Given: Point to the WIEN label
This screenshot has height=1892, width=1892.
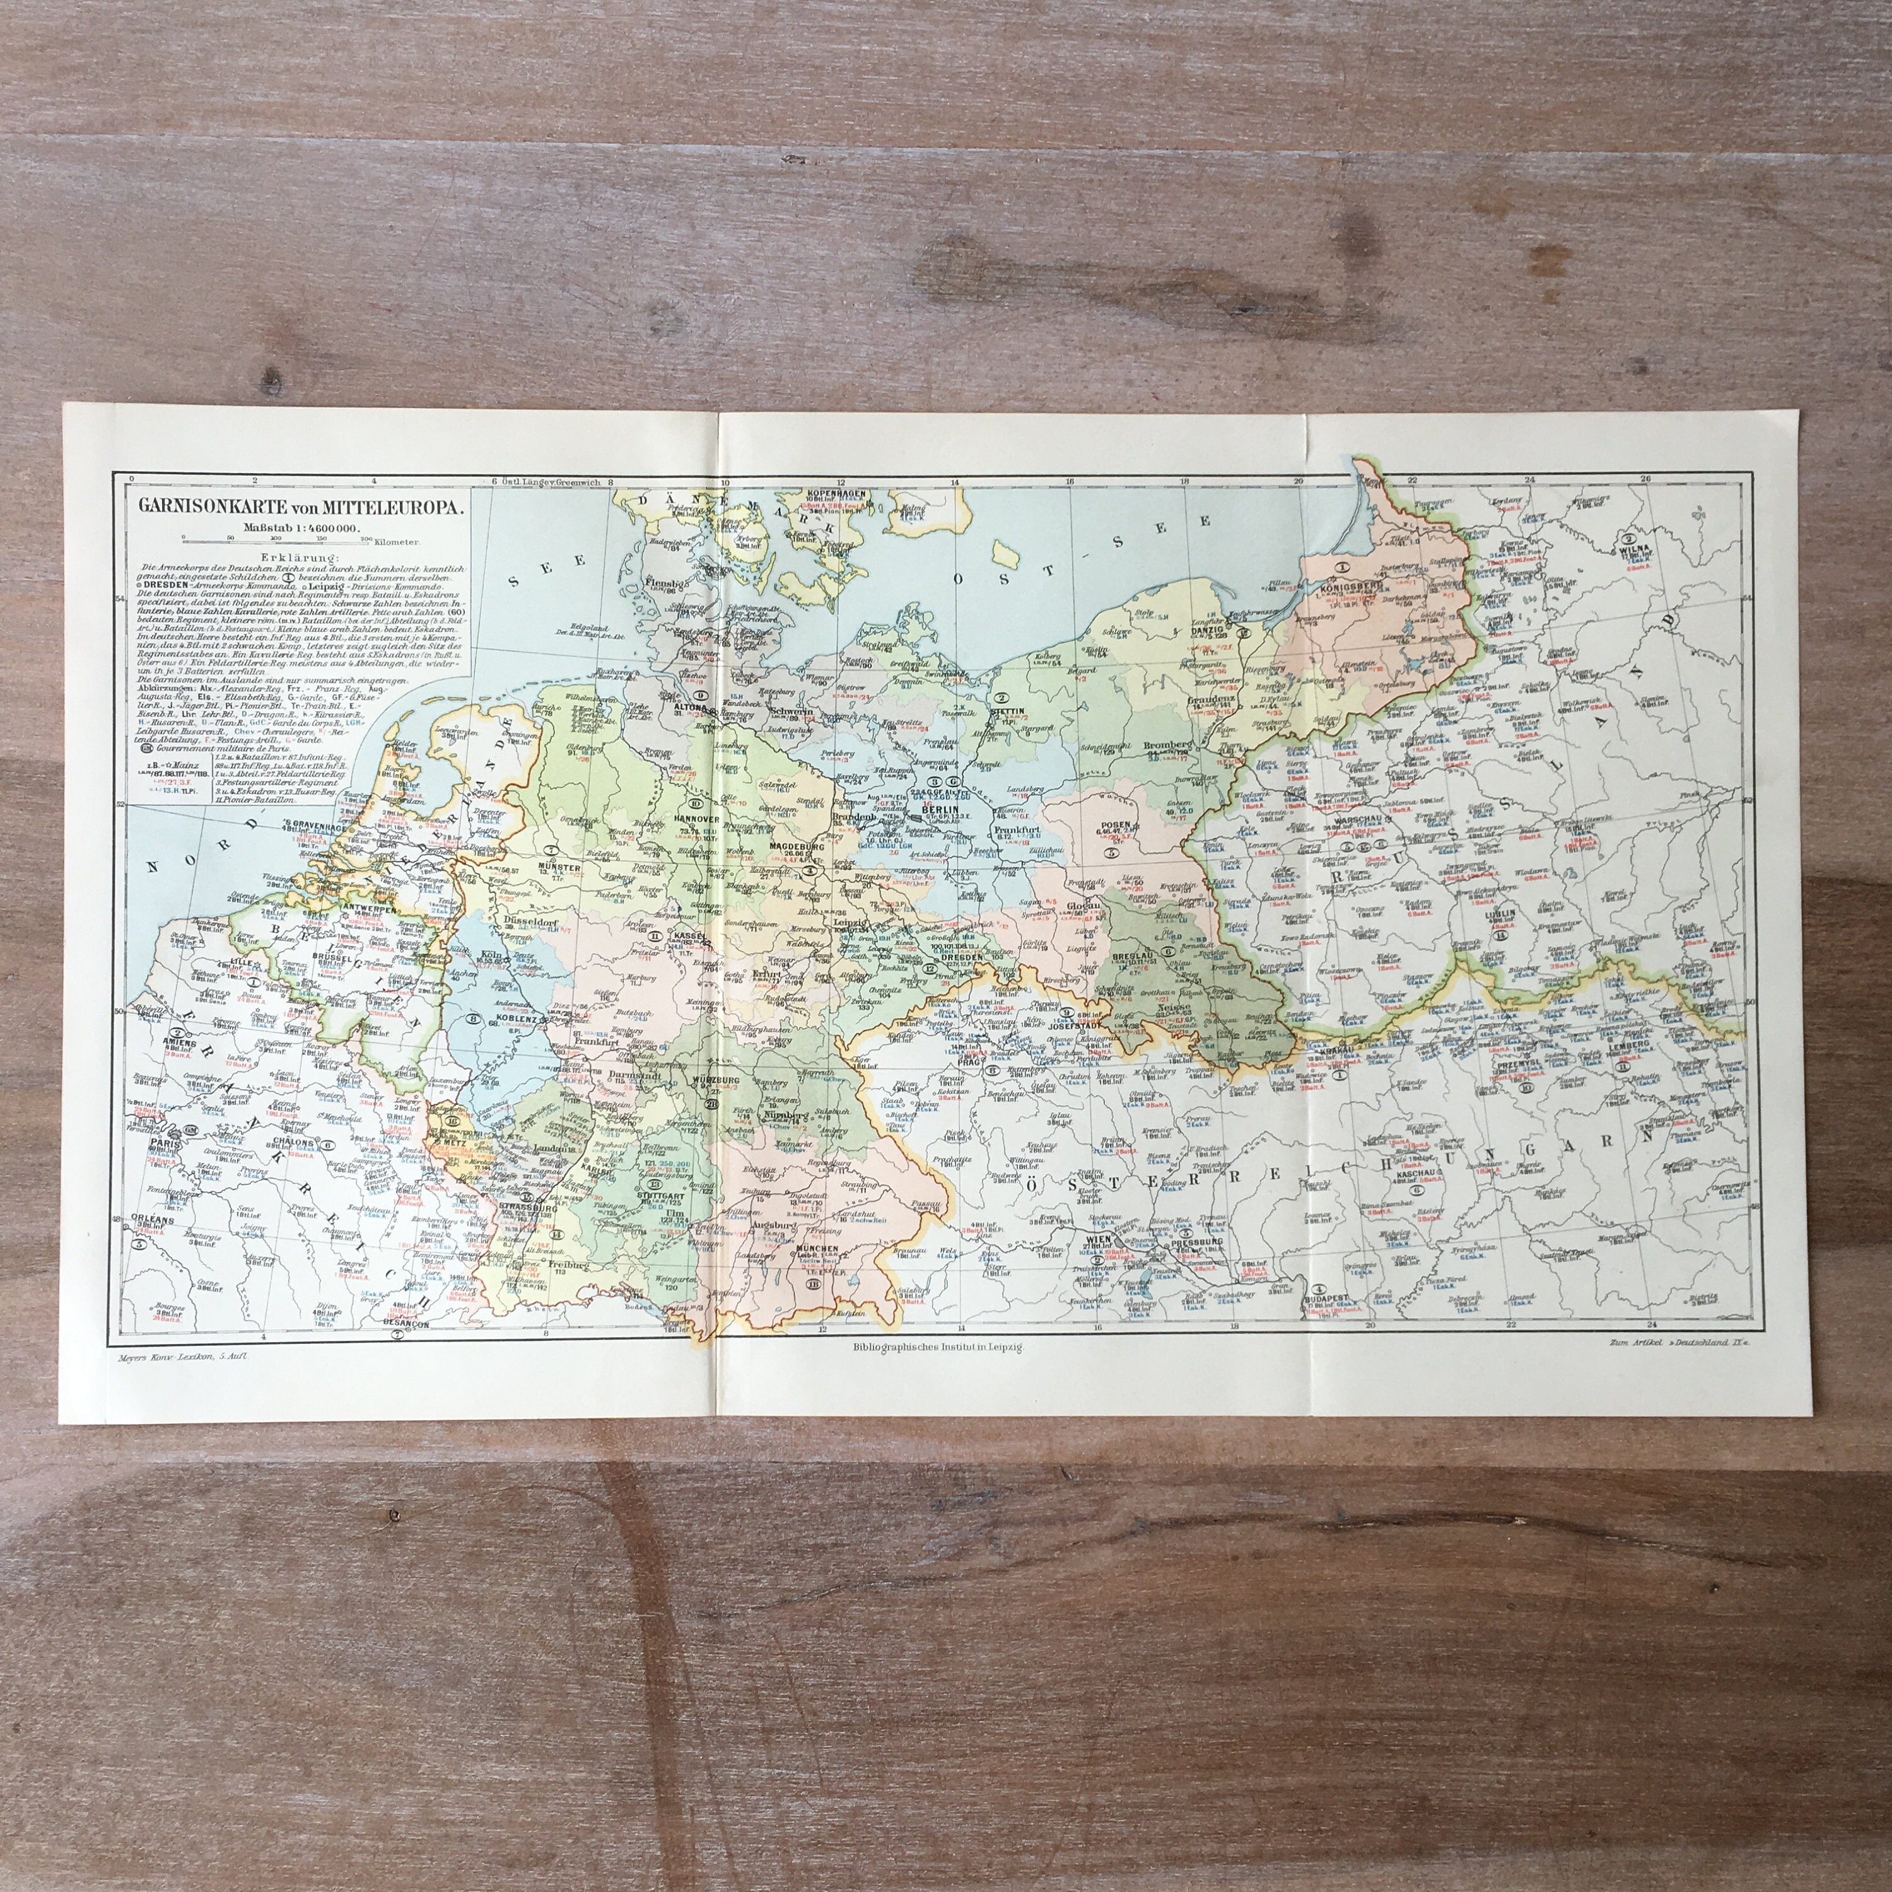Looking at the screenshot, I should (x=1098, y=1242).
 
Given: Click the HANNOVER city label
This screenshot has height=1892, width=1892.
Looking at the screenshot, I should (x=698, y=818).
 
